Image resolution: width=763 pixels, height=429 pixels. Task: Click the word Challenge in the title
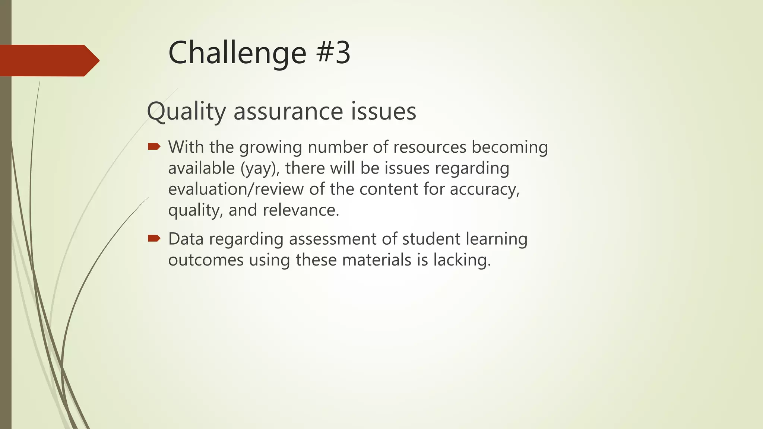point(237,53)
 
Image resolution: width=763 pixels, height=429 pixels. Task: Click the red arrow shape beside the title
point(48,60)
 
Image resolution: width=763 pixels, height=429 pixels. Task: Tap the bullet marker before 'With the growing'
point(154,146)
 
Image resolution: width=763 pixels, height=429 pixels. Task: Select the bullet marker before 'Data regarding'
point(154,238)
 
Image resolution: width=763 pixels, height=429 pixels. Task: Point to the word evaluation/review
point(236,189)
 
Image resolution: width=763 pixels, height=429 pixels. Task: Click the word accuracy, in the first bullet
point(484,189)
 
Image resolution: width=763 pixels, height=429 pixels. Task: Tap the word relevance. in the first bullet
point(301,210)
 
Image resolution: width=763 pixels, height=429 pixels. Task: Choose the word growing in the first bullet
point(270,147)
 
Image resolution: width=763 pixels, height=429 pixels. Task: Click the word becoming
point(510,147)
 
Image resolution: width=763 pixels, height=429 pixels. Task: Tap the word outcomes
point(206,260)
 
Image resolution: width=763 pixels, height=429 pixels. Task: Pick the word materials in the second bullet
point(376,260)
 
